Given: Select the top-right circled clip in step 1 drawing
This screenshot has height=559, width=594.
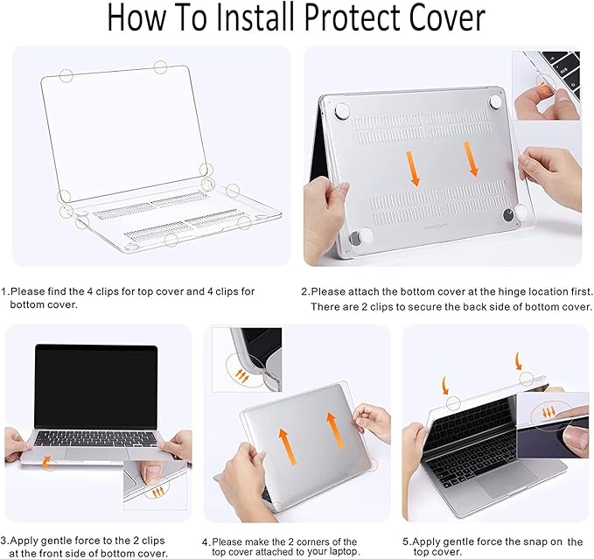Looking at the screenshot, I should [160, 66].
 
